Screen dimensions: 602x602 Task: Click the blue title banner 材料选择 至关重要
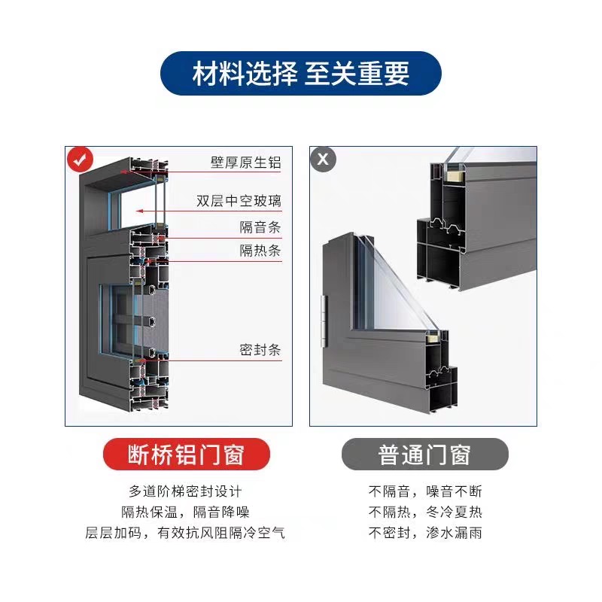click(301, 74)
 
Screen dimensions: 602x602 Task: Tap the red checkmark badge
click(78, 160)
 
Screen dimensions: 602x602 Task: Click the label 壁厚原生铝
click(245, 163)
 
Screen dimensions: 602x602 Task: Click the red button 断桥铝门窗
click(185, 455)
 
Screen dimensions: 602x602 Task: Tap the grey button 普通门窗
click(424, 455)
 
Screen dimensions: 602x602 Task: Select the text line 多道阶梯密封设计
click(185, 491)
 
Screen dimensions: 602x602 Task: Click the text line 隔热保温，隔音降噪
click(185, 512)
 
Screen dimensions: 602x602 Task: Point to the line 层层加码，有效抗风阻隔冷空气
click(185, 534)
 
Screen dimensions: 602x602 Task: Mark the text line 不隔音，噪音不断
click(425, 491)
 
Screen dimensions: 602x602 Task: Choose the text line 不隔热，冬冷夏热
click(425, 512)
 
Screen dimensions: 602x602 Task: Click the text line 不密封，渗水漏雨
click(425, 534)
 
